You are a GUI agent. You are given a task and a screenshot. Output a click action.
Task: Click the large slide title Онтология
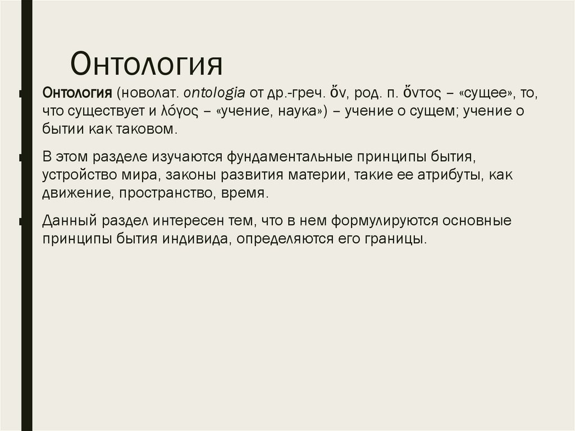tap(147, 63)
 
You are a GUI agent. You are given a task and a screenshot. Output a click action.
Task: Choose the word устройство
tap(78, 174)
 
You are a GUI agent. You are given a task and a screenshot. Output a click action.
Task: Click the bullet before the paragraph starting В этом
tap(21, 157)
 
